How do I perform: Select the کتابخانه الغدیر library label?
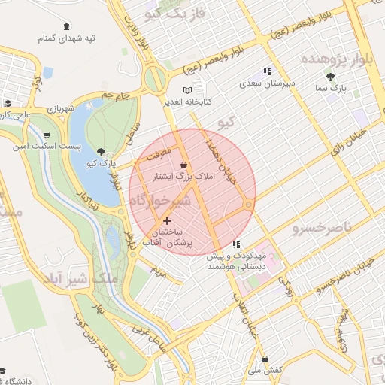pos(187,101)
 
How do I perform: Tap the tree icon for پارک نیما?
pos(330,77)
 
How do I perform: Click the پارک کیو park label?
pos(100,162)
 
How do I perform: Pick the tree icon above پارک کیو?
pos(100,150)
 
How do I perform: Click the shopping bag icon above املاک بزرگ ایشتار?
pos(184,164)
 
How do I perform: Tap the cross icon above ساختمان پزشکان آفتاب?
pos(166,220)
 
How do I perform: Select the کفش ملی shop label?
pos(265,370)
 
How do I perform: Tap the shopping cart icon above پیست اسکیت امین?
pos(46,135)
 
